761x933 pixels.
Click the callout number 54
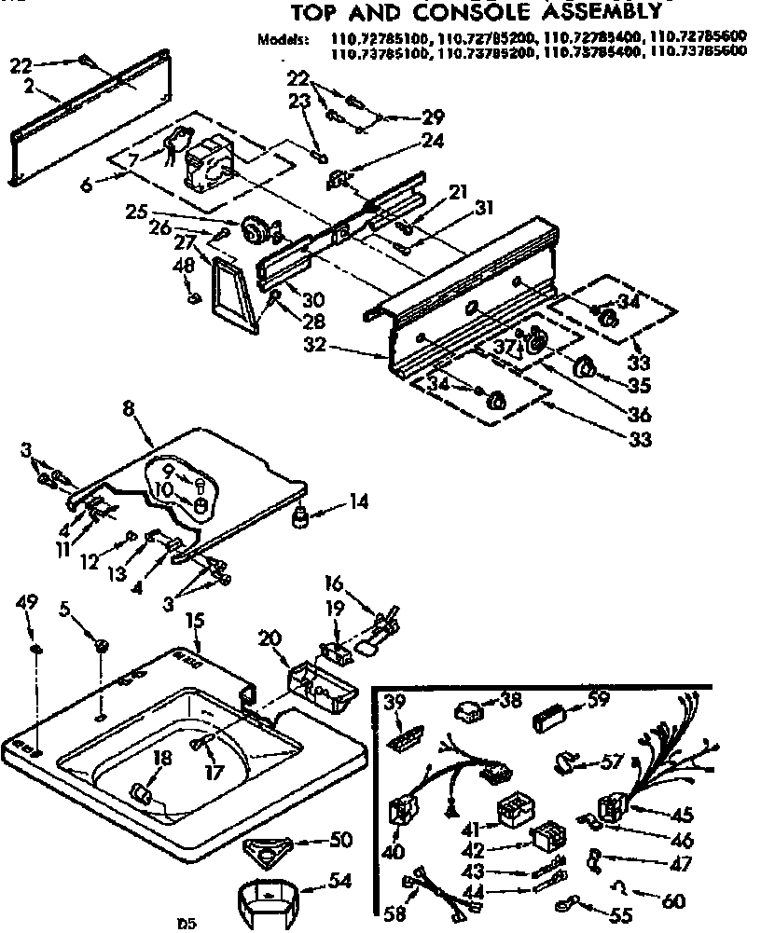[343, 880]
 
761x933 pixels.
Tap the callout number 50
[341, 840]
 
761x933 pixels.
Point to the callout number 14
[359, 501]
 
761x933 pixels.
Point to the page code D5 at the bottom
[187, 924]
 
